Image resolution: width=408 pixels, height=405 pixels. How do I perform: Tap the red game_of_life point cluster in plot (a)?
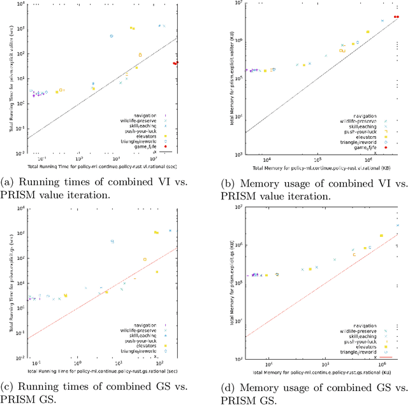175,63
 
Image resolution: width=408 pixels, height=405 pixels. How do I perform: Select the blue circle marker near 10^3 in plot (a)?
111,36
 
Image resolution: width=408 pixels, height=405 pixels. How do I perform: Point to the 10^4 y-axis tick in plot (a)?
21,4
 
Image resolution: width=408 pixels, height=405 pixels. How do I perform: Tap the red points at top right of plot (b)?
397,17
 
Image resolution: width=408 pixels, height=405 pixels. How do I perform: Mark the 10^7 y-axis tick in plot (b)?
238,4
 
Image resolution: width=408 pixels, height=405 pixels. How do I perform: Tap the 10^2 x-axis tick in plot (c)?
159,365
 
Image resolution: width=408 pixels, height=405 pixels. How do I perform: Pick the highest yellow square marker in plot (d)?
382,236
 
